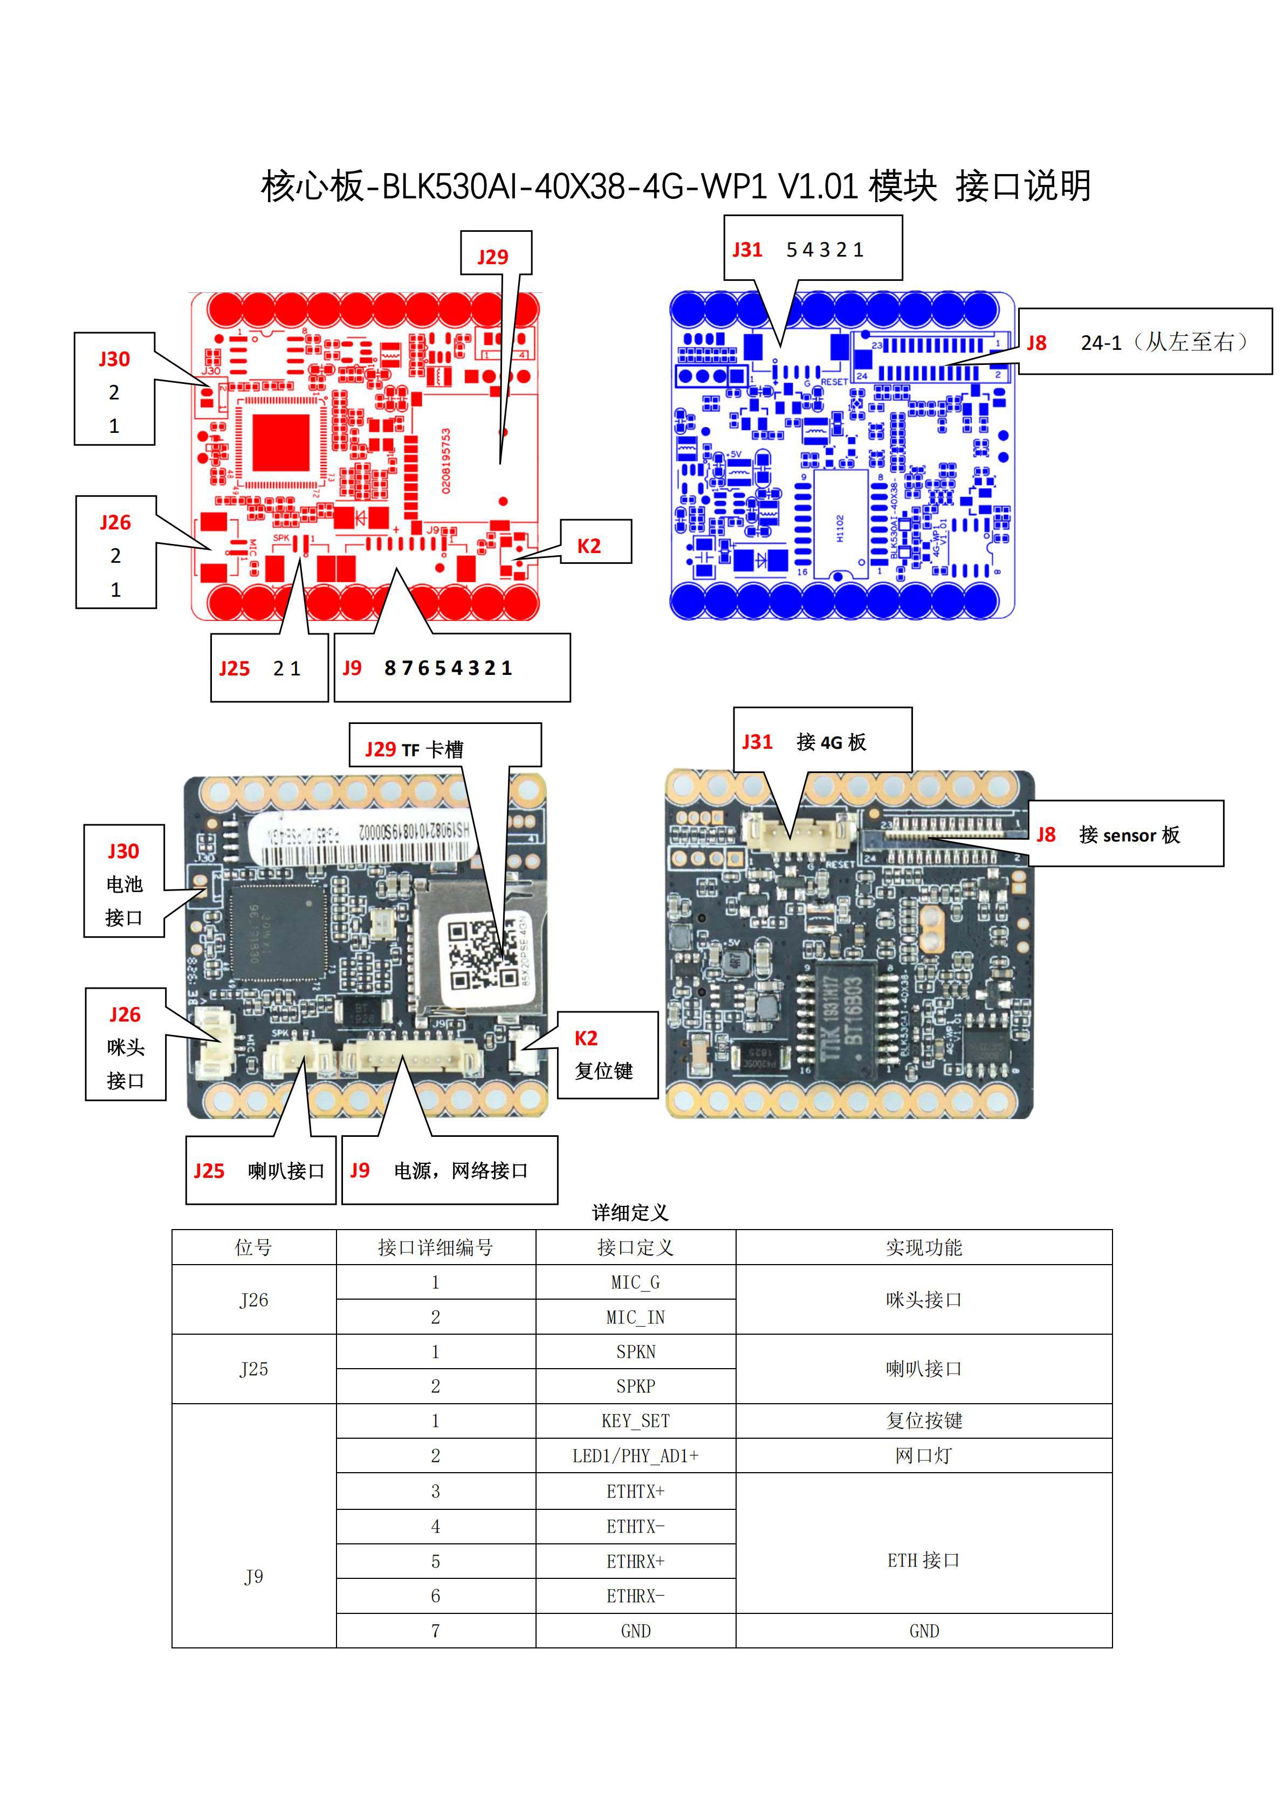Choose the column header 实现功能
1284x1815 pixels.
click(923, 1247)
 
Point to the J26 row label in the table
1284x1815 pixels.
click(254, 1300)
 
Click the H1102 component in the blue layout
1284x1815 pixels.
click(840, 527)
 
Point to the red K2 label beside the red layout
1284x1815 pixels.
click(588, 546)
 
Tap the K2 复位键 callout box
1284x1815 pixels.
click(607, 1054)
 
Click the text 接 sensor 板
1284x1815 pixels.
click(1129, 835)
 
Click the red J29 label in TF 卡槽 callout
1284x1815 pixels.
click(380, 749)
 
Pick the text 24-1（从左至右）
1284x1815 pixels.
click(1164, 342)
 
